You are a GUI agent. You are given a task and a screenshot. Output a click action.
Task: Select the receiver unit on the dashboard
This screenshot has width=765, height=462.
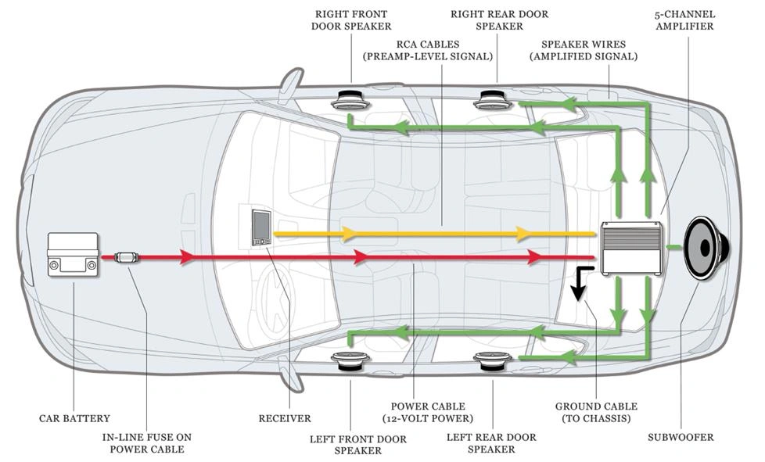[x=260, y=227]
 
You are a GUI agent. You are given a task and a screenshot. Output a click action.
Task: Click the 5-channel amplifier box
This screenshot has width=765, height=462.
[x=631, y=248]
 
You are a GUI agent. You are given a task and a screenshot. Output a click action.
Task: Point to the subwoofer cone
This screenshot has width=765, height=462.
[x=706, y=249]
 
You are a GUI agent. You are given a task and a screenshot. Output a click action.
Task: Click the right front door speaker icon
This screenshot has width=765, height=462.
[x=350, y=100]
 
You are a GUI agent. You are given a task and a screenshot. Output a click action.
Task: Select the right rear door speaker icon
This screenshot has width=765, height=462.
[x=495, y=99]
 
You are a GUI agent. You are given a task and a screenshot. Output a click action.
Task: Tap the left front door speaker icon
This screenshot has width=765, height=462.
[x=350, y=360]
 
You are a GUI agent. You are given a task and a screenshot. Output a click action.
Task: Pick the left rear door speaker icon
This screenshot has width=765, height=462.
[x=494, y=360]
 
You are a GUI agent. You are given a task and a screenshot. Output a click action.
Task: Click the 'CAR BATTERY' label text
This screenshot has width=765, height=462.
[x=74, y=418]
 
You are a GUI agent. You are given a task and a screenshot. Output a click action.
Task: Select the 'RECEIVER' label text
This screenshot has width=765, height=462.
[x=285, y=418]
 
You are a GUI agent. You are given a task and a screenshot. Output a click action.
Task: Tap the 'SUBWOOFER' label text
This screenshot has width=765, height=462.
[x=680, y=437]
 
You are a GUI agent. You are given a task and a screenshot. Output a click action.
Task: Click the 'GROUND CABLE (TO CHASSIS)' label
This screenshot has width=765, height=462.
[x=596, y=412]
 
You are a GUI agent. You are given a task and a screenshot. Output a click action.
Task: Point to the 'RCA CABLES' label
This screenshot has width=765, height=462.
[x=427, y=50]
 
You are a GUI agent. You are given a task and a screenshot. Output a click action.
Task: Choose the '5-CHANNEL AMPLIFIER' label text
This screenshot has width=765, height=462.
[x=683, y=20]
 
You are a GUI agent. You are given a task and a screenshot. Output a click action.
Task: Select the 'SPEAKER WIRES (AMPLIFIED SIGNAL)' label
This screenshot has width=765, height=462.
[x=583, y=50]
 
